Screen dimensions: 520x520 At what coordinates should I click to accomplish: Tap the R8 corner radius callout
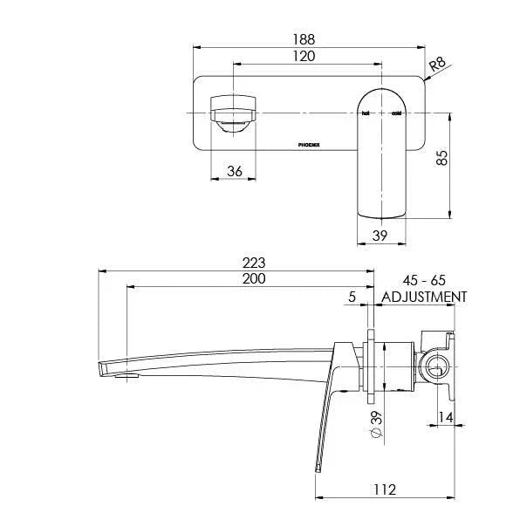pos(438,63)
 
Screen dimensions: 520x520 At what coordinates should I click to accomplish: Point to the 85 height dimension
pos(442,158)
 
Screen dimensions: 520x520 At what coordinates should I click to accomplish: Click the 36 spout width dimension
pos(234,171)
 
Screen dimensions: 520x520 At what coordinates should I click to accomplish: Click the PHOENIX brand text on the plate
pos(310,146)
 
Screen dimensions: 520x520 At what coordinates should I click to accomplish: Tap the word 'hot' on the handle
pos(366,114)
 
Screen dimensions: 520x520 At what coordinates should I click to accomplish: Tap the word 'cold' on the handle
pos(396,114)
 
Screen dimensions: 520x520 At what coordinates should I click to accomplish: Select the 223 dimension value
pos(253,263)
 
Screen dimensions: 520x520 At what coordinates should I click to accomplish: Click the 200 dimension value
pos(253,279)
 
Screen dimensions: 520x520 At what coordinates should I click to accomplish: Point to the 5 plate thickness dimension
pos(352,297)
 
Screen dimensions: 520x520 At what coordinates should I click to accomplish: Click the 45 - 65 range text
pos(424,280)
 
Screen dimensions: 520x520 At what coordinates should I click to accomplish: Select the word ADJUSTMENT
pos(424,297)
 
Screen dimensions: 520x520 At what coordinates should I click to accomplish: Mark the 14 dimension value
pos(445,418)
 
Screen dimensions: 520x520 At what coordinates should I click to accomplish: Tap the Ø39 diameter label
pos(375,425)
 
